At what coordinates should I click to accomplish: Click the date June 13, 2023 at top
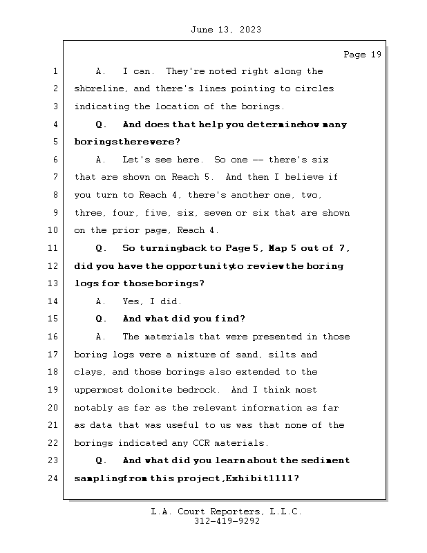(225, 30)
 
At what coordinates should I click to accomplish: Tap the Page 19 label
(362, 55)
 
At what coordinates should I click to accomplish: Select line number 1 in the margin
(55, 71)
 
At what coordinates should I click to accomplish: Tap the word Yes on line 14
(132, 301)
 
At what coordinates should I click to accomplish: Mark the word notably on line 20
(93, 408)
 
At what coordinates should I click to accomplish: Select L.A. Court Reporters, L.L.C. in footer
(227, 512)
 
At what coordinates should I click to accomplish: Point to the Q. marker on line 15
(102, 319)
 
